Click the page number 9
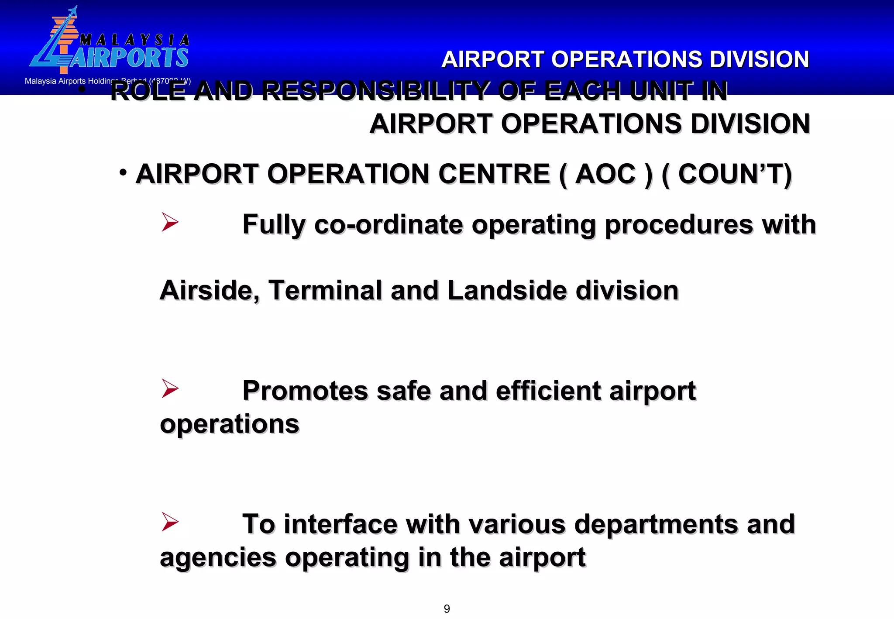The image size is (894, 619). (x=447, y=609)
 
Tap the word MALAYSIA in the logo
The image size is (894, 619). (x=134, y=40)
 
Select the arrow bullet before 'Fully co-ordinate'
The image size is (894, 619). (x=170, y=222)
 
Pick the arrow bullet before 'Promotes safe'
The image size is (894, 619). (x=170, y=388)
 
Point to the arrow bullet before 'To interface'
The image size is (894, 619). (x=170, y=522)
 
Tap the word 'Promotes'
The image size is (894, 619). (x=305, y=390)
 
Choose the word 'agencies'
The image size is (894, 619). (x=218, y=558)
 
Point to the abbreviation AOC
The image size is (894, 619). (x=605, y=174)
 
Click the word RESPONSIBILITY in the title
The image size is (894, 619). (x=375, y=91)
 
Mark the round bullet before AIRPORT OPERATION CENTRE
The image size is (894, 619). (x=123, y=172)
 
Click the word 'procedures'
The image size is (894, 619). (x=678, y=225)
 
